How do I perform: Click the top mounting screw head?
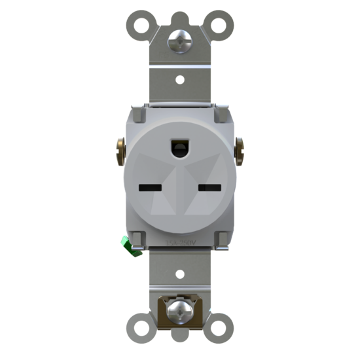[179, 41]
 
